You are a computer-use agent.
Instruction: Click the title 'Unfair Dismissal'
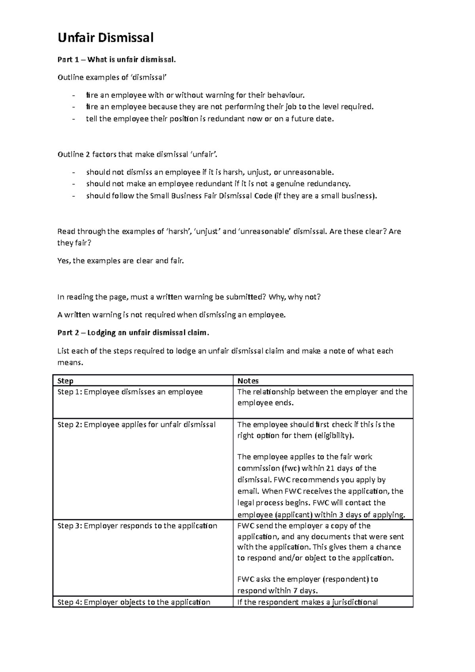point(105,38)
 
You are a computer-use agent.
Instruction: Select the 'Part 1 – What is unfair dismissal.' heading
point(116,60)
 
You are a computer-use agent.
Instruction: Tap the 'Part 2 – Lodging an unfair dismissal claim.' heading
point(133,333)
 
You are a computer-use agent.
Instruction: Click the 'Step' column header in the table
point(65,381)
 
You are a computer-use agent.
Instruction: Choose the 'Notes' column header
point(248,381)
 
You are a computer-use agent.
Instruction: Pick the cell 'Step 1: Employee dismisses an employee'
point(130,392)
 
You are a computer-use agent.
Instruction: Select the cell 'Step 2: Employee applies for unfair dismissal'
point(137,425)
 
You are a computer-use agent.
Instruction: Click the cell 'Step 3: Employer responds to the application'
point(137,526)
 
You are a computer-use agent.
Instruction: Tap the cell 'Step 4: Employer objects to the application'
point(134,602)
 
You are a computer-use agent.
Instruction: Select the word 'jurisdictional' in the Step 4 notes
point(353,602)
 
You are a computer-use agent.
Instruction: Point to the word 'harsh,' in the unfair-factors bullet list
point(234,172)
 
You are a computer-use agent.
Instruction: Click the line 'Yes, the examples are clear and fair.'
point(121,261)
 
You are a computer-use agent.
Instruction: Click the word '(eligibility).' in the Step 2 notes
point(334,436)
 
